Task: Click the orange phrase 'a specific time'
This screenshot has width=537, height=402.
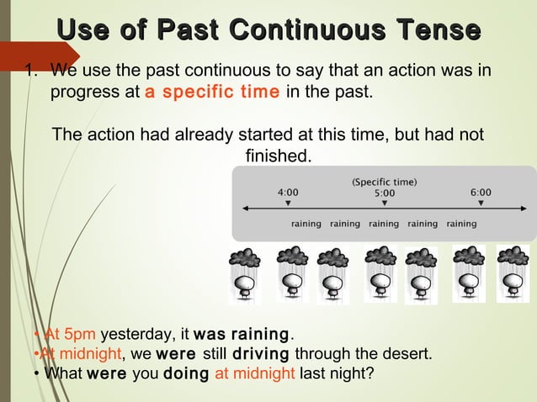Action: click(x=212, y=92)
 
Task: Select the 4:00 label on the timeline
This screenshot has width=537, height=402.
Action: click(x=288, y=192)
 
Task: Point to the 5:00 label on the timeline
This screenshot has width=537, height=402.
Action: click(x=385, y=193)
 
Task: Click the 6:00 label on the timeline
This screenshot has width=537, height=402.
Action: click(x=481, y=192)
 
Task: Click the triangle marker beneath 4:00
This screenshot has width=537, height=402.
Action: click(x=288, y=204)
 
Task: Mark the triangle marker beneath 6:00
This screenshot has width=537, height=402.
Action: click(x=481, y=204)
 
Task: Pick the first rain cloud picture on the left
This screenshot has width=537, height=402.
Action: click(x=246, y=273)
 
